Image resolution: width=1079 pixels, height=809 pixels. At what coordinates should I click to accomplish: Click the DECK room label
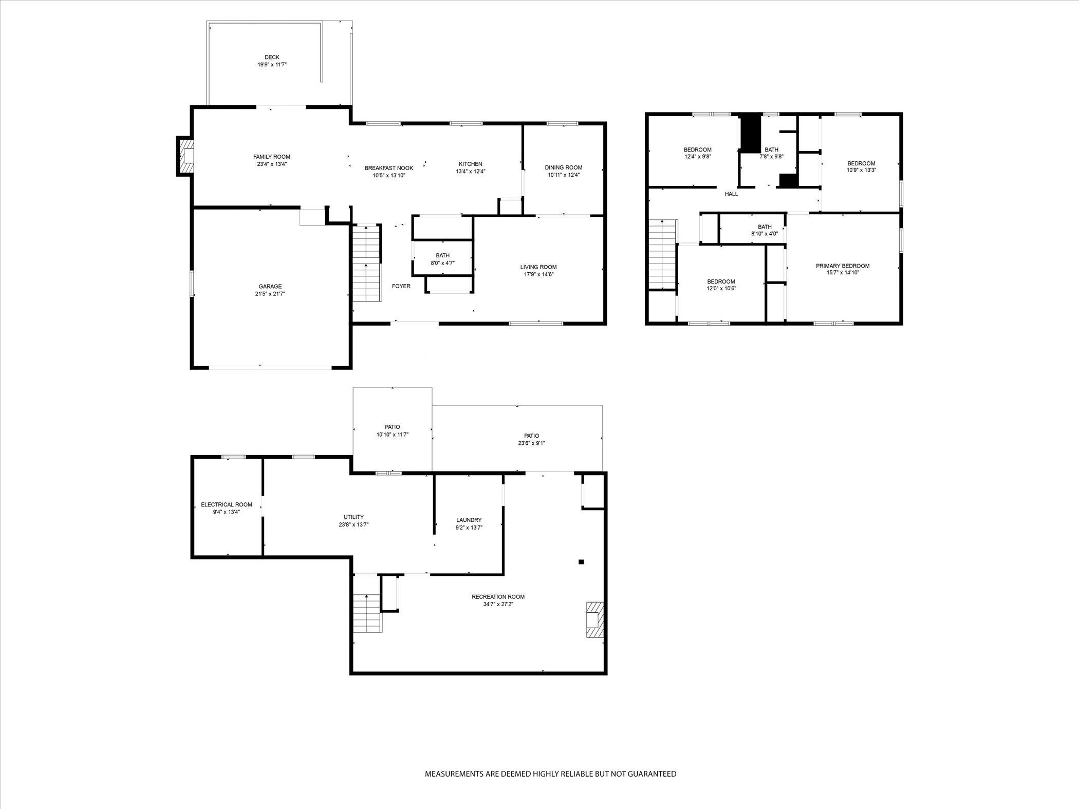pos(272,57)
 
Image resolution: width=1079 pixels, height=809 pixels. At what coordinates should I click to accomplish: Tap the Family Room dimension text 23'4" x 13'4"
pos(272,164)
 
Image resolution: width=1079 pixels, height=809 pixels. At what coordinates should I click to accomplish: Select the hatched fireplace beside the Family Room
pos(185,156)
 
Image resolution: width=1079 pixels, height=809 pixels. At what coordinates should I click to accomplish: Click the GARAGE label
pos(270,287)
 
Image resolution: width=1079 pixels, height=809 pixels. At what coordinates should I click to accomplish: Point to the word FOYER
pos(401,286)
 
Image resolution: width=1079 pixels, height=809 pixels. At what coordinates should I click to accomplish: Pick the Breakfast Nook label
pos(389,168)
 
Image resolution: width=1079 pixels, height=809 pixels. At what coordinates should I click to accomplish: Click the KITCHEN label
pos(471,164)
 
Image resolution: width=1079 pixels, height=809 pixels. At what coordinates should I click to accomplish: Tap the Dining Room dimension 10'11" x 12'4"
pos(564,175)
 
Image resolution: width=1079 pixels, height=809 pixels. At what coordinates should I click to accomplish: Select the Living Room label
pos(538,267)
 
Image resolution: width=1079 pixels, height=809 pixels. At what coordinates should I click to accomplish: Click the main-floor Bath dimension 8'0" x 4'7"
pos(442,263)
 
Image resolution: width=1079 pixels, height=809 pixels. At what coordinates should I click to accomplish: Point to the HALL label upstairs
pos(731,194)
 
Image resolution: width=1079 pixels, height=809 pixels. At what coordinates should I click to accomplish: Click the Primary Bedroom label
pos(843,266)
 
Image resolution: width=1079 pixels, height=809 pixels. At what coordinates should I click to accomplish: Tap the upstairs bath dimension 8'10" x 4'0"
pos(765,234)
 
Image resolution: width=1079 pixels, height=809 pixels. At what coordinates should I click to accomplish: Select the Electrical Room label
pos(227,505)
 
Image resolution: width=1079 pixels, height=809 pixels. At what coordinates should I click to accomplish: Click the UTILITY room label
pos(354,517)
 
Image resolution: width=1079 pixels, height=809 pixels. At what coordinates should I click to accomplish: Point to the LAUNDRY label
pos(469,520)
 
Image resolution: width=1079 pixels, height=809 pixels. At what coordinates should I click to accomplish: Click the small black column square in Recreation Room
pos(582,562)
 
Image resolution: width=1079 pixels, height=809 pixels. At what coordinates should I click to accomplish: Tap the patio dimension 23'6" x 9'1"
pos(532,443)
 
